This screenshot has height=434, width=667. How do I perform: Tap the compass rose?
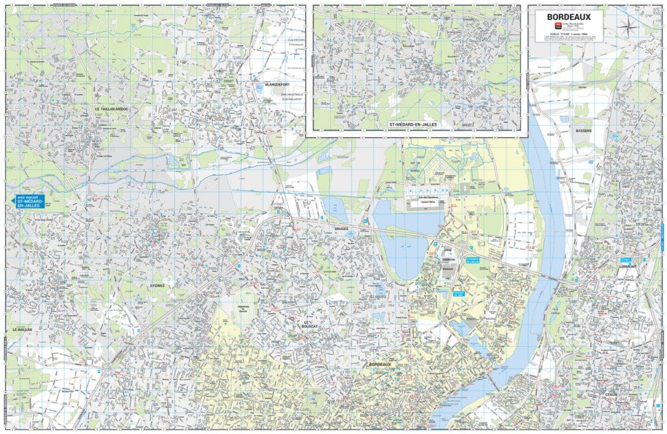(627, 27)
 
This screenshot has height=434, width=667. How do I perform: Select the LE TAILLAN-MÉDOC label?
(111, 109)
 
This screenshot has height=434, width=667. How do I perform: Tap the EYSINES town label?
(156, 285)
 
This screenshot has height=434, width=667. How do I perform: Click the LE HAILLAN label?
(22, 329)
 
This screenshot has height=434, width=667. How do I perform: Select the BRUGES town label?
(341, 229)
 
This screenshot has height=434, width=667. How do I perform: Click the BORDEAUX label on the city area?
(381, 365)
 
